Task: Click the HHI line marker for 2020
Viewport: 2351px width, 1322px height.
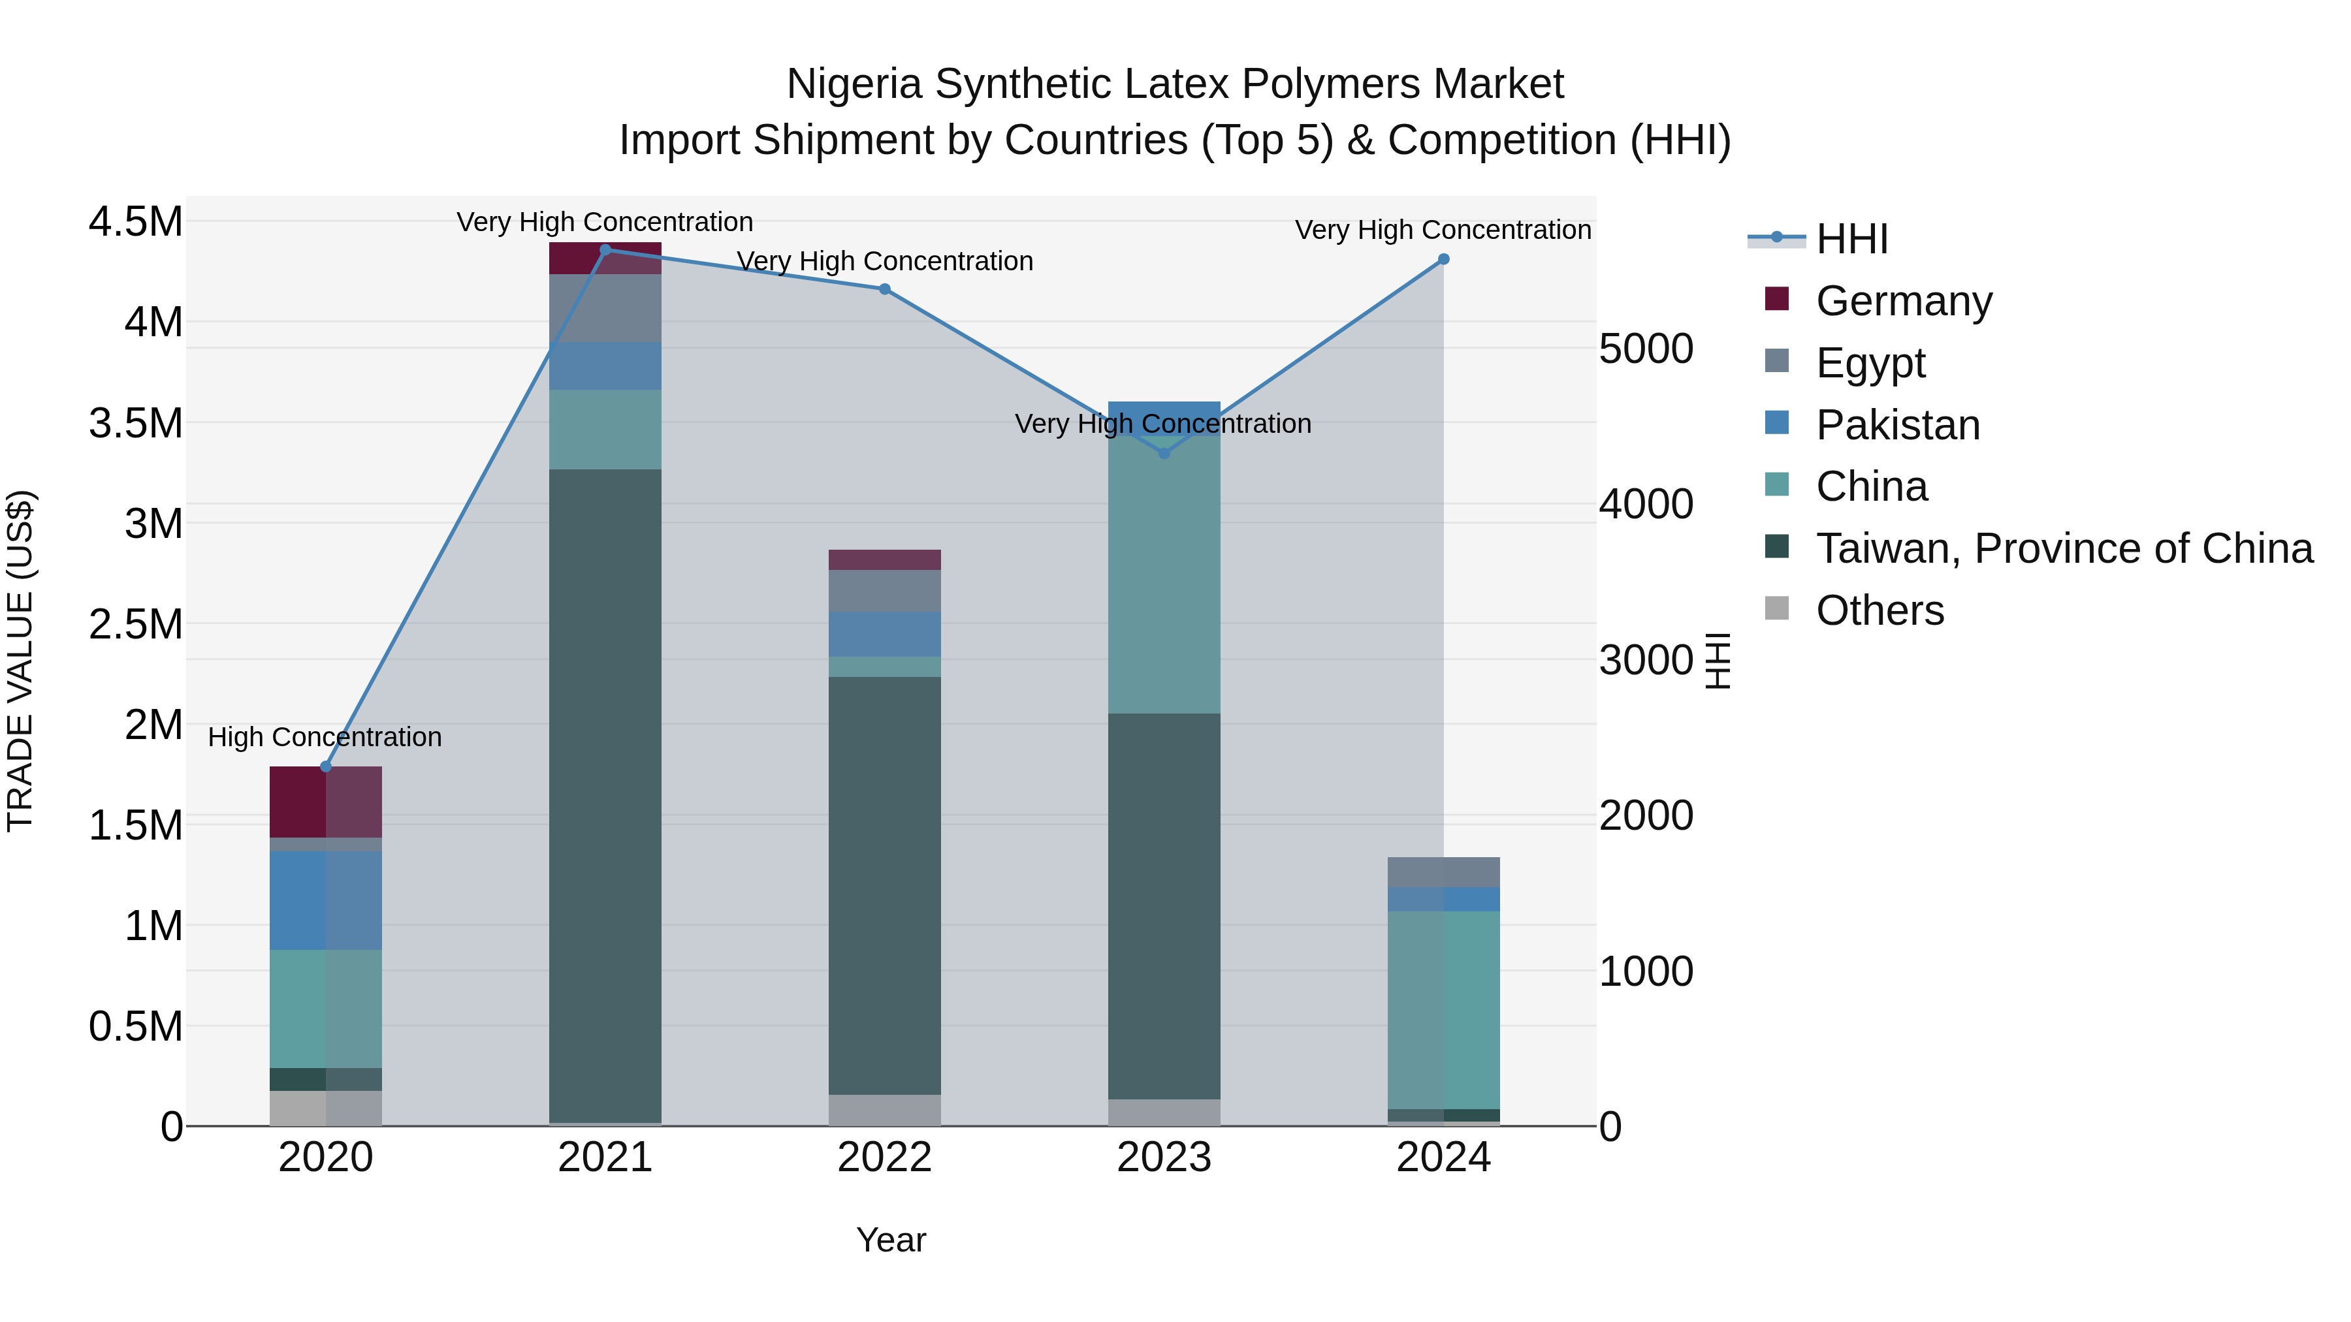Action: (x=326, y=766)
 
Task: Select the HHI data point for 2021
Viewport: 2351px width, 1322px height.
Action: (x=605, y=250)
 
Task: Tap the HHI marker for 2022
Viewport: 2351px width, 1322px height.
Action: (x=884, y=289)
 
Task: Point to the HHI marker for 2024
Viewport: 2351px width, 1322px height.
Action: (x=1443, y=259)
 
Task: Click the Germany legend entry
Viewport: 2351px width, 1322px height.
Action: (x=1903, y=301)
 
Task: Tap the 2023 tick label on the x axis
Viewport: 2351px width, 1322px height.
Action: (x=1164, y=1157)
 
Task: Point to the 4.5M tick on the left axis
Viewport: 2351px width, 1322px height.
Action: (x=135, y=222)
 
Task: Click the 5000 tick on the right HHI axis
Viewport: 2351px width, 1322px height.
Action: (x=1646, y=349)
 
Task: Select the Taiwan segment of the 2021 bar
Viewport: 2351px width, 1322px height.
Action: (x=605, y=794)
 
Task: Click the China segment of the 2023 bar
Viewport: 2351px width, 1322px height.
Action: (x=1164, y=574)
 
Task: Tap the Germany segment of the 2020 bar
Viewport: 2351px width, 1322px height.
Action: (x=326, y=802)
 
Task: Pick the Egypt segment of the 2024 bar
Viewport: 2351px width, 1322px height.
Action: (x=1443, y=872)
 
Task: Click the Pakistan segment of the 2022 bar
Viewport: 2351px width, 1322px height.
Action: (x=884, y=634)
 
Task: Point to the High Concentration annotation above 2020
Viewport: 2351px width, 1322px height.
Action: (x=325, y=737)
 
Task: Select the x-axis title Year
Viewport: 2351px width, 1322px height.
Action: (x=891, y=1240)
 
